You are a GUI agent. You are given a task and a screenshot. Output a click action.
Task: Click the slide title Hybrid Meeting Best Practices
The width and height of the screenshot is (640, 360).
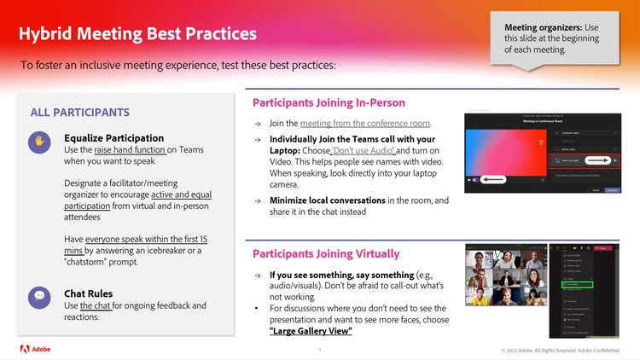137,34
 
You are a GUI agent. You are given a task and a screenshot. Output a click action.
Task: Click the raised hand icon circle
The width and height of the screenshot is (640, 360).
39,142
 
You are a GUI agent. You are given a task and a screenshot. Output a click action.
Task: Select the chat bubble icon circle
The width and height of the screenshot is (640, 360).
39,297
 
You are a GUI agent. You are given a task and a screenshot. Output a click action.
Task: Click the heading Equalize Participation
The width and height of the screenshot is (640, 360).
113,137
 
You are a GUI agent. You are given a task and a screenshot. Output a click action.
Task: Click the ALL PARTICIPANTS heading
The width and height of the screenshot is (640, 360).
79,113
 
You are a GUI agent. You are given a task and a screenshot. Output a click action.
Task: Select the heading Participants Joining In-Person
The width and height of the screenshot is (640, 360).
331,102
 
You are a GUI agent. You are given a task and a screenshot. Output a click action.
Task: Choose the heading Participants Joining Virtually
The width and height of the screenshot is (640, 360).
325,253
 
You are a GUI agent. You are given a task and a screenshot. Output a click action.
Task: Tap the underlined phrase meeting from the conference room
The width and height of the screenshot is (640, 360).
364,123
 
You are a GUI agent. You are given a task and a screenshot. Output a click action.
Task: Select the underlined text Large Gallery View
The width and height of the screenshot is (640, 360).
311,330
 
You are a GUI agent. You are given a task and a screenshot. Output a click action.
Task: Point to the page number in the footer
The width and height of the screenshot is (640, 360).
319,350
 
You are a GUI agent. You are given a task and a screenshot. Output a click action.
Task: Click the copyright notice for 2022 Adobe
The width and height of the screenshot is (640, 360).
563,350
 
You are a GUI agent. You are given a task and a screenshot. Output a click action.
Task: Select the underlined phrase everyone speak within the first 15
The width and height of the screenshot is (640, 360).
134,240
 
